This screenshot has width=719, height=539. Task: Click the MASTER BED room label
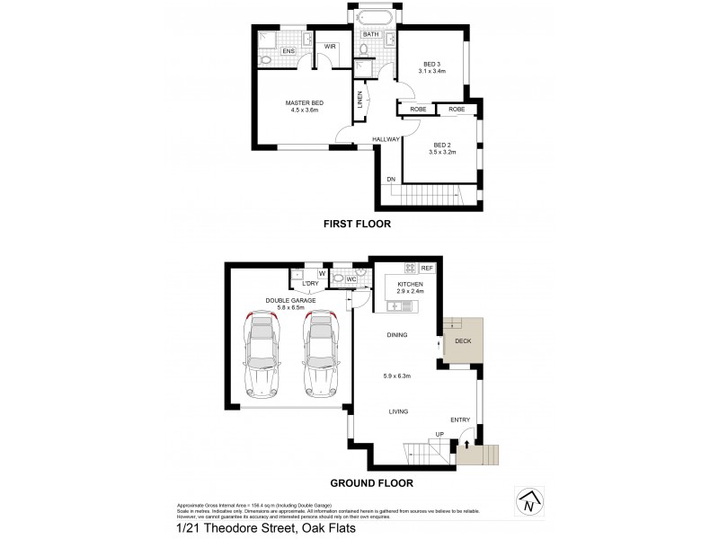304,103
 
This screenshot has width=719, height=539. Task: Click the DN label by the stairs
391,180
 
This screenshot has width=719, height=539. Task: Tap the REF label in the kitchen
427,268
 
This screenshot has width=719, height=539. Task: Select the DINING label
397,335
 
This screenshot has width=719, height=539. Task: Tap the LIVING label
399,411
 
